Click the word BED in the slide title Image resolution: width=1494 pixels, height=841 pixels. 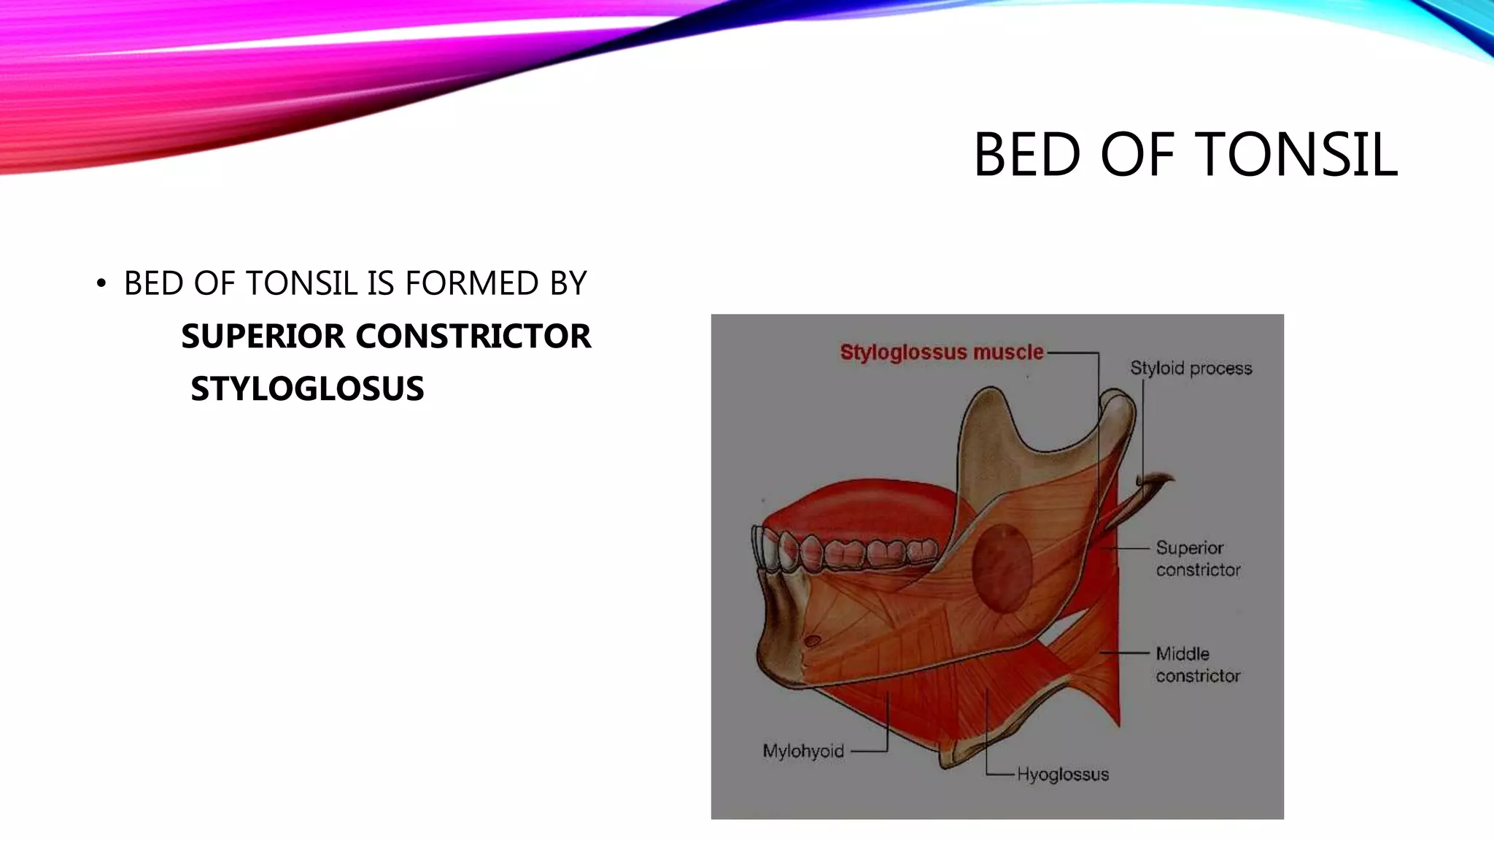click(x=1027, y=155)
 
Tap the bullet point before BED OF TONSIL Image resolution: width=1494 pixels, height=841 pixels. click(x=101, y=284)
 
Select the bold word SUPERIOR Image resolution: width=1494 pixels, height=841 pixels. click(x=263, y=337)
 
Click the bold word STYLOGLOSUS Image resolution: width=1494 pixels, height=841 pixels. click(x=307, y=389)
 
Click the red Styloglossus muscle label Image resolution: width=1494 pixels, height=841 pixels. click(x=941, y=353)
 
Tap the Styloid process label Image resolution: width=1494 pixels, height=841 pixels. click(x=1191, y=369)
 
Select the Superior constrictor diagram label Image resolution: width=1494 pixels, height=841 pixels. click(x=1197, y=558)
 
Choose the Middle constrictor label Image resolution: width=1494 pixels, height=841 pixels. click(x=1197, y=664)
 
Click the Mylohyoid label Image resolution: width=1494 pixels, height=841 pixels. click(x=802, y=751)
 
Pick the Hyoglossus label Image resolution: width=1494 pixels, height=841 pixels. click(x=1062, y=775)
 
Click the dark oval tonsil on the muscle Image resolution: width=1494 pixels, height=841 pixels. click(x=1002, y=568)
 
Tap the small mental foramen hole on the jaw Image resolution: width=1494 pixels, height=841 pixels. click(x=812, y=642)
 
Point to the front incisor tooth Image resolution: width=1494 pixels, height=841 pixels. click(x=763, y=550)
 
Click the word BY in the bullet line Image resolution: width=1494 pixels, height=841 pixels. click(x=568, y=284)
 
